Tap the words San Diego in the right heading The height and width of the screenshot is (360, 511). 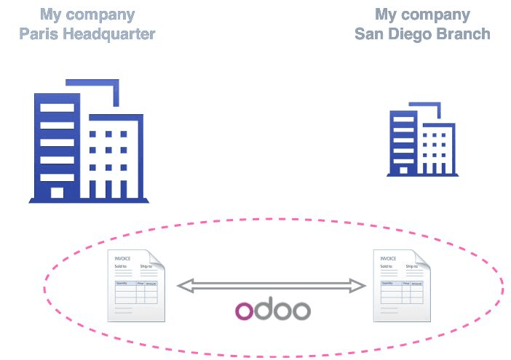click(395, 33)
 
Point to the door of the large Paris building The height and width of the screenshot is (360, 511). click(58, 192)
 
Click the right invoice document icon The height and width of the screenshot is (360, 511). click(401, 286)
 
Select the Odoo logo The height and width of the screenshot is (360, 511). click(272, 310)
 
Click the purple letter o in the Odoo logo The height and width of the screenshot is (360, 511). click(245, 311)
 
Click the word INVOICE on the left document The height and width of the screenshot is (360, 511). click(123, 258)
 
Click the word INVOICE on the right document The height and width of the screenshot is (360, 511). click(388, 258)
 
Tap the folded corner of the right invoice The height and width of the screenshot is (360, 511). click(421, 258)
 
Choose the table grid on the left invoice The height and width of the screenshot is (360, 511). click(136, 292)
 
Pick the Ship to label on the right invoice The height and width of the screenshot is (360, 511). click(412, 267)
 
